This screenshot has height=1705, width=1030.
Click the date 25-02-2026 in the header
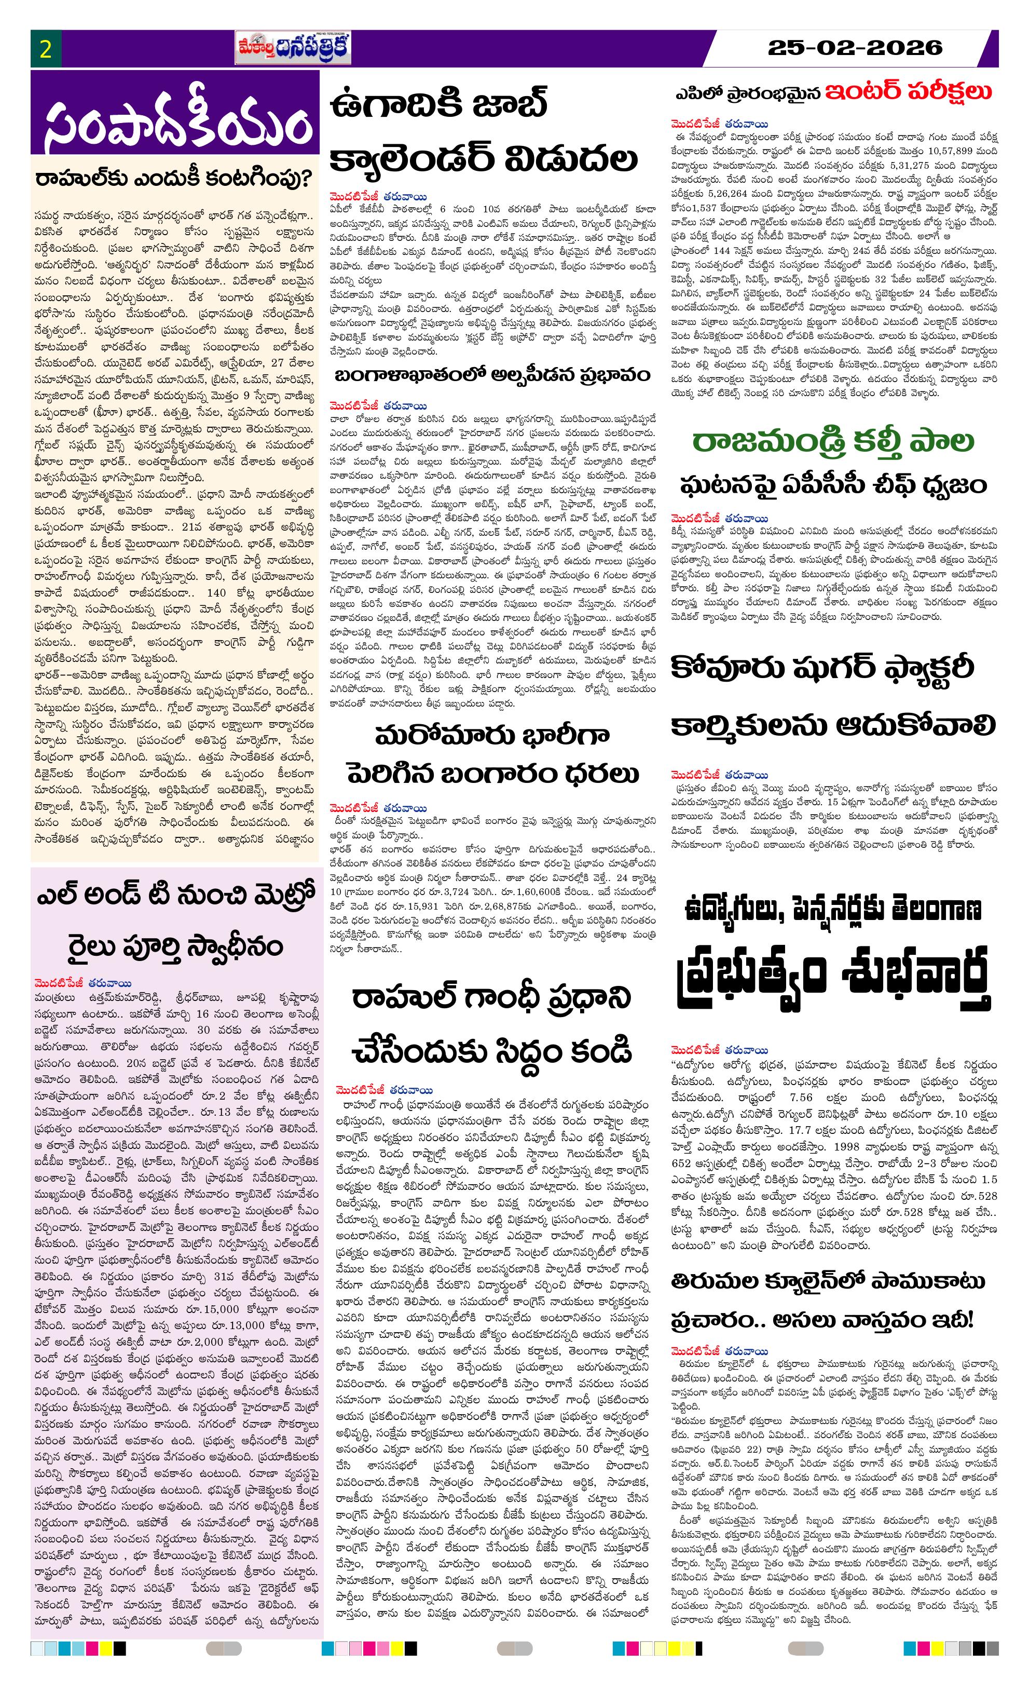tap(855, 48)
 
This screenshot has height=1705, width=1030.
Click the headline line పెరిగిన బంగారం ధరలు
tap(492, 773)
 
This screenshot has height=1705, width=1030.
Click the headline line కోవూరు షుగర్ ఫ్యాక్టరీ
tap(822, 668)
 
